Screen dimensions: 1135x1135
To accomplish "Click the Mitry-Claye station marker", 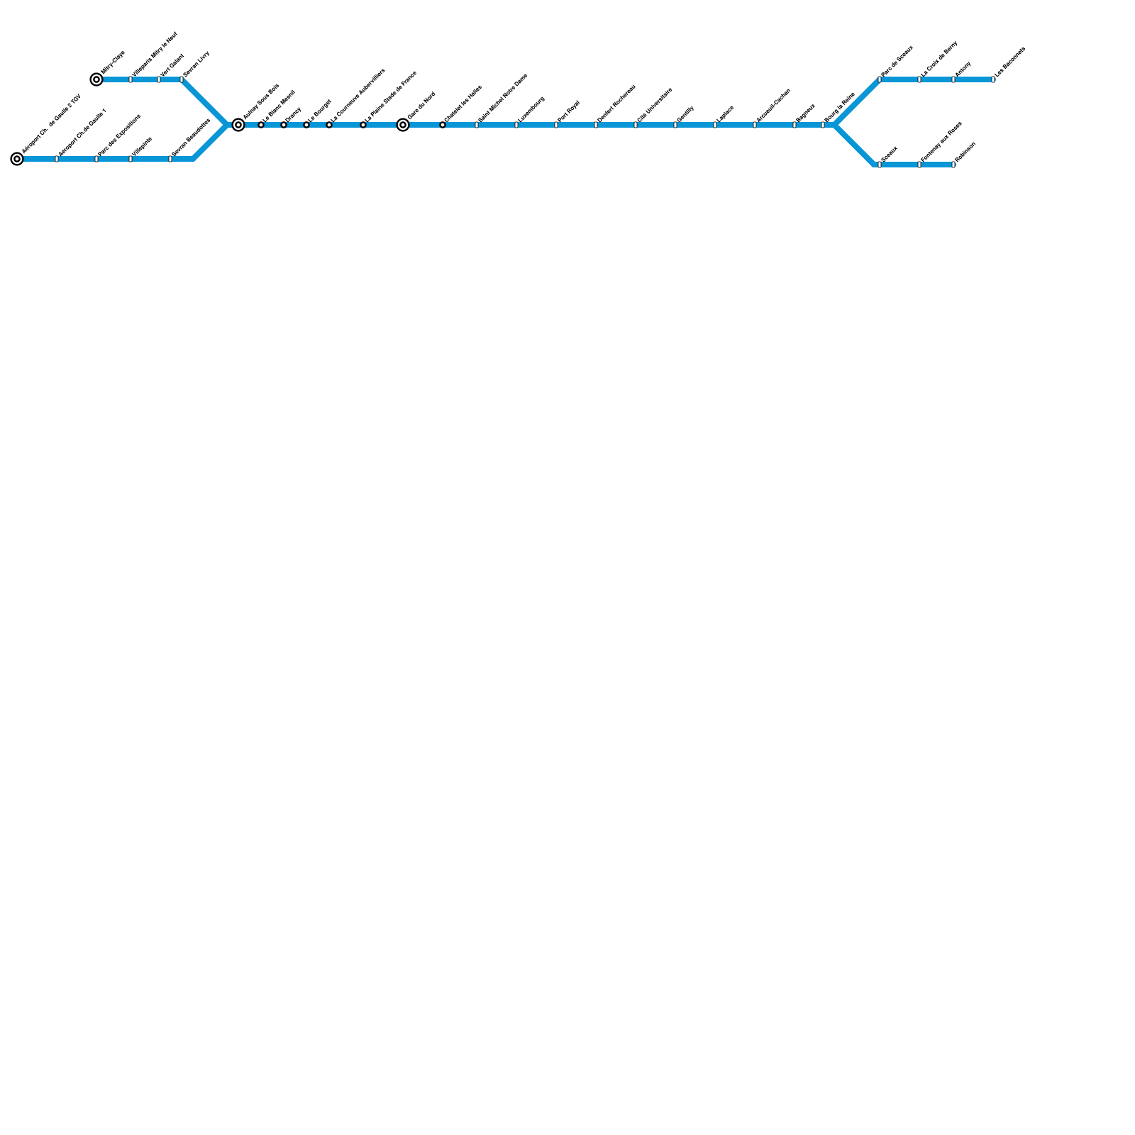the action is tap(96, 79).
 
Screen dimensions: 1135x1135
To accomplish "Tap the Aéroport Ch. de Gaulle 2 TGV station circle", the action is tap(17, 159).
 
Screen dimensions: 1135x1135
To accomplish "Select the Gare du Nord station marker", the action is tap(403, 125).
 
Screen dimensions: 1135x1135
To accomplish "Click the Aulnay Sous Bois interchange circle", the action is tap(238, 125).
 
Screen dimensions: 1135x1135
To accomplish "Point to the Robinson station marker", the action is tap(953, 165).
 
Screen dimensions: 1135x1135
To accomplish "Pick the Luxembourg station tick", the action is tap(516, 125).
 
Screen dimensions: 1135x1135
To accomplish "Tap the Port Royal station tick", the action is tap(556, 125).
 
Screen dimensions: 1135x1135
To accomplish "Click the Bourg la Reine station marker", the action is tap(823, 125).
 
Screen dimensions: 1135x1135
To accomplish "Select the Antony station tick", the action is tap(953, 79).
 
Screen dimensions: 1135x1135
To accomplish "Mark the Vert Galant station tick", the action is tap(159, 79).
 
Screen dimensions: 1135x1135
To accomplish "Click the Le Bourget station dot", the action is tap(306, 125).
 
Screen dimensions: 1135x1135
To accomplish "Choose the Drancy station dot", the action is tap(284, 125).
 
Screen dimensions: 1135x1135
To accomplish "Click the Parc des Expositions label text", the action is tap(119, 135).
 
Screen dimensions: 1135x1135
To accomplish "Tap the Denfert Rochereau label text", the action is tap(616, 104).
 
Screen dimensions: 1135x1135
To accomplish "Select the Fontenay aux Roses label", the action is tap(941, 141).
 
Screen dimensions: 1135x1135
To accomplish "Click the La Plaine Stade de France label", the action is tap(390, 99).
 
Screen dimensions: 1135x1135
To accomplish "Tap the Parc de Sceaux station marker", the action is tap(880, 79).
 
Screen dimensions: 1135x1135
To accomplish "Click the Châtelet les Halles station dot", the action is tap(443, 125).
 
